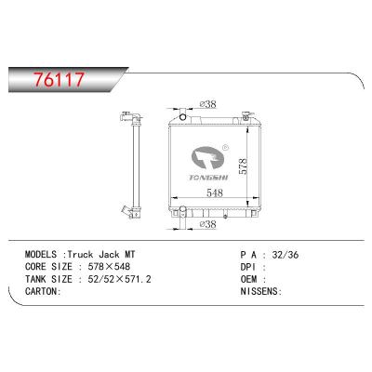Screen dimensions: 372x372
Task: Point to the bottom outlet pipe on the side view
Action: pos(126,211)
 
